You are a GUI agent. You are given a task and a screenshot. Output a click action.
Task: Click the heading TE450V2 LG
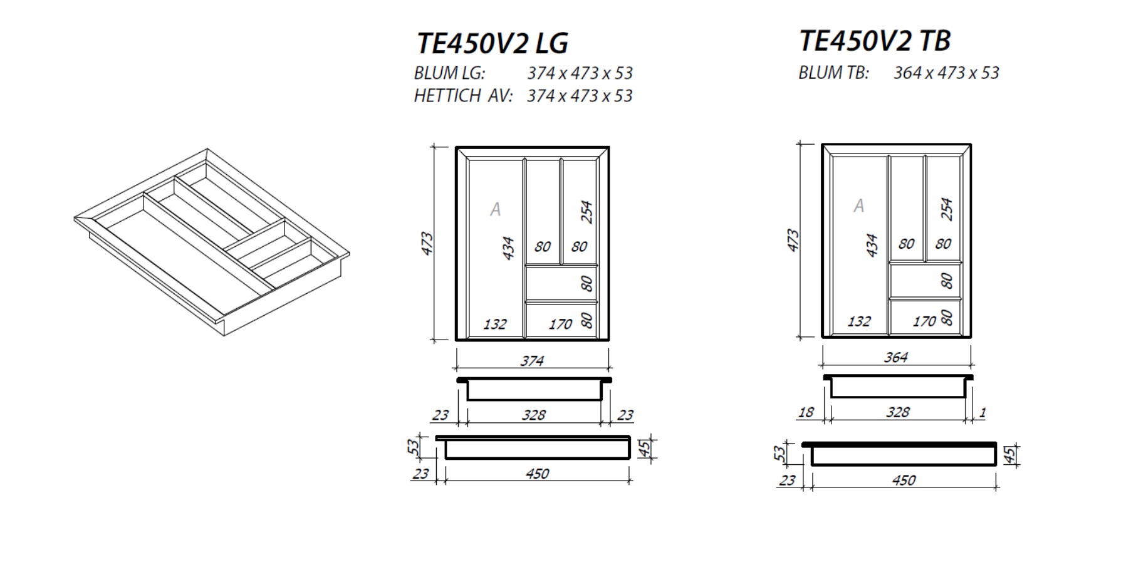(x=493, y=43)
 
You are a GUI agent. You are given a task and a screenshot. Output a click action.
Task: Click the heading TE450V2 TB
(x=875, y=41)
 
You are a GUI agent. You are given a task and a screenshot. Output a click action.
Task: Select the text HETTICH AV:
(x=463, y=96)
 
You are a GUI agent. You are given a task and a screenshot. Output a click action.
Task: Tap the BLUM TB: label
(x=833, y=73)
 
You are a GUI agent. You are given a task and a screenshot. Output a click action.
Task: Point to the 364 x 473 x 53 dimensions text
(x=946, y=73)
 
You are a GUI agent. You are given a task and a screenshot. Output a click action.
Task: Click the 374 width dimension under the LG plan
(x=532, y=361)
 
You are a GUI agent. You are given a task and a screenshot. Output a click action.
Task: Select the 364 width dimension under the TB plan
(x=895, y=357)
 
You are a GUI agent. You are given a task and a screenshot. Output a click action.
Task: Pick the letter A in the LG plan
(x=495, y=209)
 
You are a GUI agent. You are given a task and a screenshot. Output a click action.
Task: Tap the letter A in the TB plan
(x=858, y=205)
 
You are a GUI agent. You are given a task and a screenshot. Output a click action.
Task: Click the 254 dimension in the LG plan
(x=586, y=212)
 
